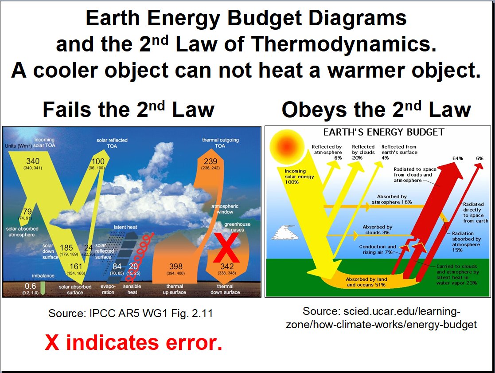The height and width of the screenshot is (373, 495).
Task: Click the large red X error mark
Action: click(226, 247)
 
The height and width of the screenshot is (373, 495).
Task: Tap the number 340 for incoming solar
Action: click(33, 161)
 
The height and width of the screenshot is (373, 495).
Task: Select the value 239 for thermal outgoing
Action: click(210, 161)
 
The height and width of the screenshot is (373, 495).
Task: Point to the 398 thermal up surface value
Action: click(175, 267)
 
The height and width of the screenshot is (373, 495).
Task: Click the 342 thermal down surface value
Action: click(226, 267)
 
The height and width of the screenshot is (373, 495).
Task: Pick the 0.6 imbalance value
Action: click(30, 286)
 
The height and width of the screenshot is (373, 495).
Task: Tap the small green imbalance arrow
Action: click(43, 288)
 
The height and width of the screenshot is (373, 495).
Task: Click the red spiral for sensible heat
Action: click(139, 256)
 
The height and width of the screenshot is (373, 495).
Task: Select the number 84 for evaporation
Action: click(117, 267)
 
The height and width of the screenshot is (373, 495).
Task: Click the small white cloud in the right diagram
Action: click(285, 232)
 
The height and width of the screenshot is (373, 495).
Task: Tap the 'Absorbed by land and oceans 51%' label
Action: click(366, 282)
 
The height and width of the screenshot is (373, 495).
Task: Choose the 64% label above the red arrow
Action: click(458, 158)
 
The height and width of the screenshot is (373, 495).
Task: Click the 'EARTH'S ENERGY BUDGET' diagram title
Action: click(384, 132)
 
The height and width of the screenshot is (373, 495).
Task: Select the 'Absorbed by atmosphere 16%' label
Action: click(392, 199)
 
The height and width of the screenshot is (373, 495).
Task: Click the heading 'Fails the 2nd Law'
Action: click(129, 110)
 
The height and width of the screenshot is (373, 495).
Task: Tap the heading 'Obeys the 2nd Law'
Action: click(376, 110)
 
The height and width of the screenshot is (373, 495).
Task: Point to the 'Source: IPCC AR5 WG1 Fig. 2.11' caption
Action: click(131, 313)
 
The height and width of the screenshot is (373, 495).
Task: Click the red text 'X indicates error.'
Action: click(133, 343)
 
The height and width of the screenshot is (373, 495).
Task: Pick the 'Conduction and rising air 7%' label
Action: click(377, 249)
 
